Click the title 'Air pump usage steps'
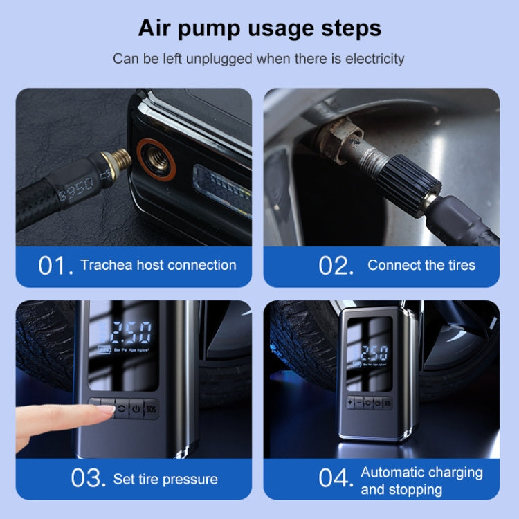(259, 28)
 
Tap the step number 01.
(55, 266)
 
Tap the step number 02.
(336, 266)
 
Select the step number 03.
(89, 479)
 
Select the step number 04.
(336, 479)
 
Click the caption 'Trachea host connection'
(158, 265)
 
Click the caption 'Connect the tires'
(421, 265)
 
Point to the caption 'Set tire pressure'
(165, 479)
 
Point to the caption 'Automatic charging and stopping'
(421, 480)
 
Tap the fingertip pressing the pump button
(104, 409)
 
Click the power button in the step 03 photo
(136, 407)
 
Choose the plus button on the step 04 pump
(351, 403)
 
